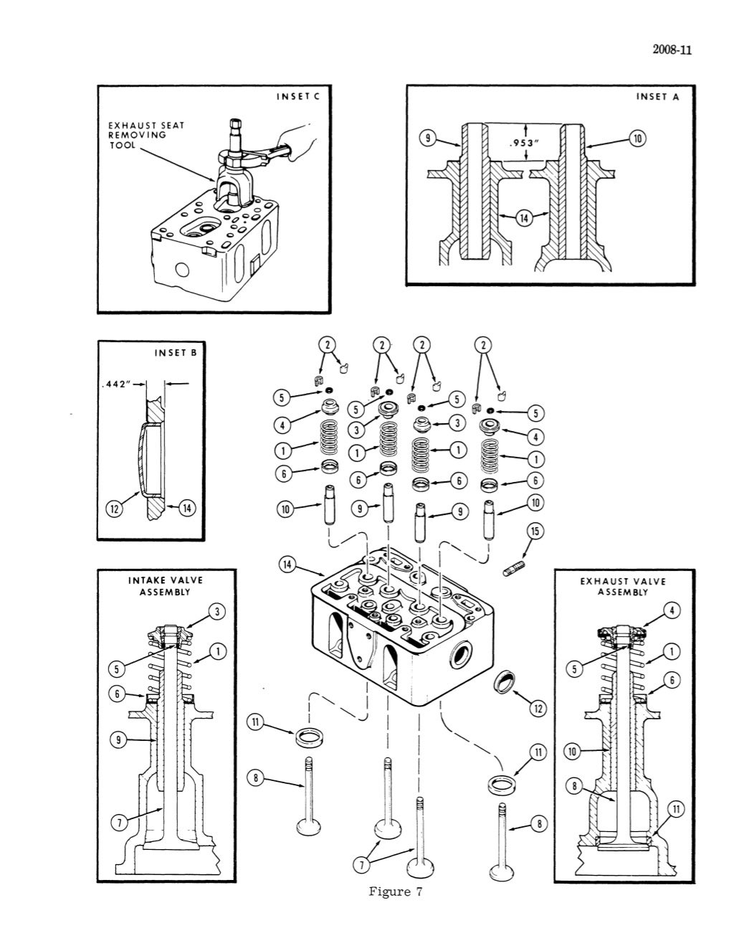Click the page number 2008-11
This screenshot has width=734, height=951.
coord(670,49)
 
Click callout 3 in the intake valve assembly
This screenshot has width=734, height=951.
coord(216,611)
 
